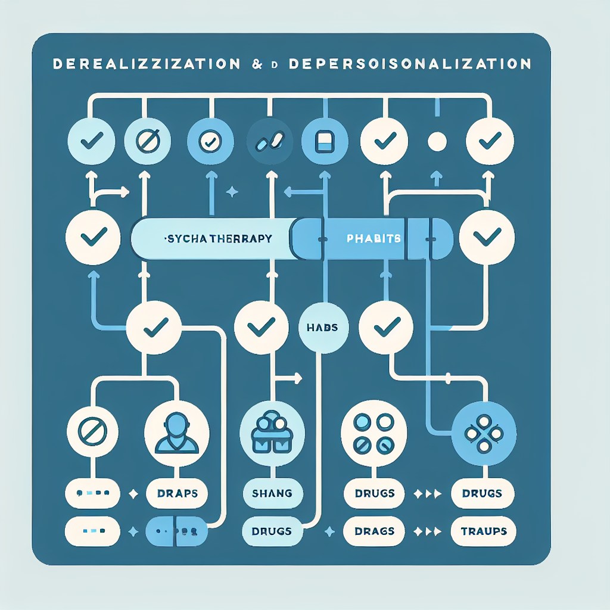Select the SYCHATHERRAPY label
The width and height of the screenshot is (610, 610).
[217, 238]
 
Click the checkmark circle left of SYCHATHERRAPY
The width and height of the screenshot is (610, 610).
[94, 237]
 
